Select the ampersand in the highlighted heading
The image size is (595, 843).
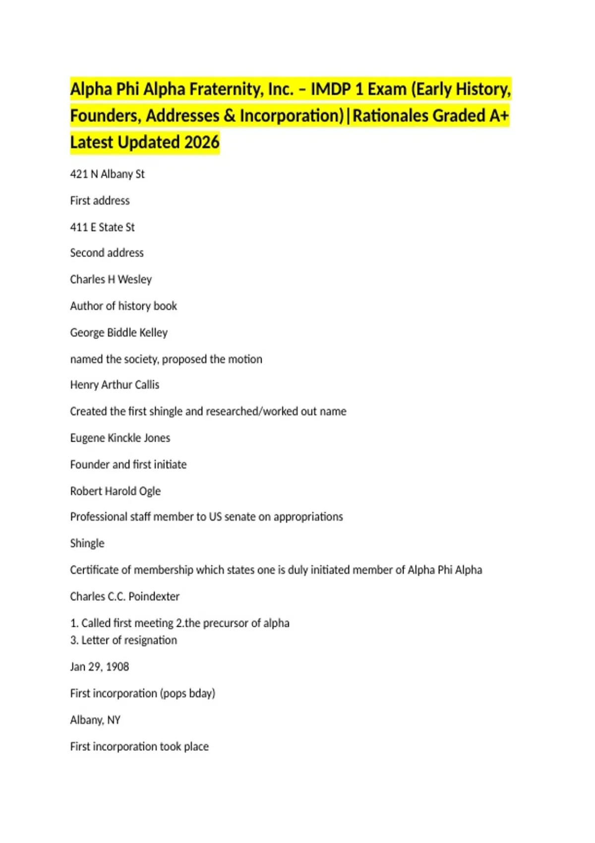click(x=229, y=116)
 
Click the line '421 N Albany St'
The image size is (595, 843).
click(x=107, y=174)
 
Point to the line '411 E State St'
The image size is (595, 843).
click(x=102, y=227)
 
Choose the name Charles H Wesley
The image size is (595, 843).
click(x=111, y=280)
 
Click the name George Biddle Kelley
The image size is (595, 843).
click(x=119, y=333)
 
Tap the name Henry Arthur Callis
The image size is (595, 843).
click(x=115, y=385)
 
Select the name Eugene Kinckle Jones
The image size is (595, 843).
click(x=120, y=438)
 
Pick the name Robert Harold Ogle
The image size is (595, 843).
click(x=115, y=491)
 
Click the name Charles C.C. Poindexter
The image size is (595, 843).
click(x=124, y=597)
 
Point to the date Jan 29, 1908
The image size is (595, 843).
click(x=99, y=667)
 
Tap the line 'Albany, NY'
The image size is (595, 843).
click(x=95, y=720)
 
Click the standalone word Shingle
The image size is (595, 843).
click(x=87, y=543)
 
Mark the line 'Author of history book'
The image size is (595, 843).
click(x=123, y=306)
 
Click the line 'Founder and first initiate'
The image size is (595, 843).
click(x=128, y=465)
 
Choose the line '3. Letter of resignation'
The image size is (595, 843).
click(x=123, y=640)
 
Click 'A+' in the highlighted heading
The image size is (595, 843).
click(x=499, y=116)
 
